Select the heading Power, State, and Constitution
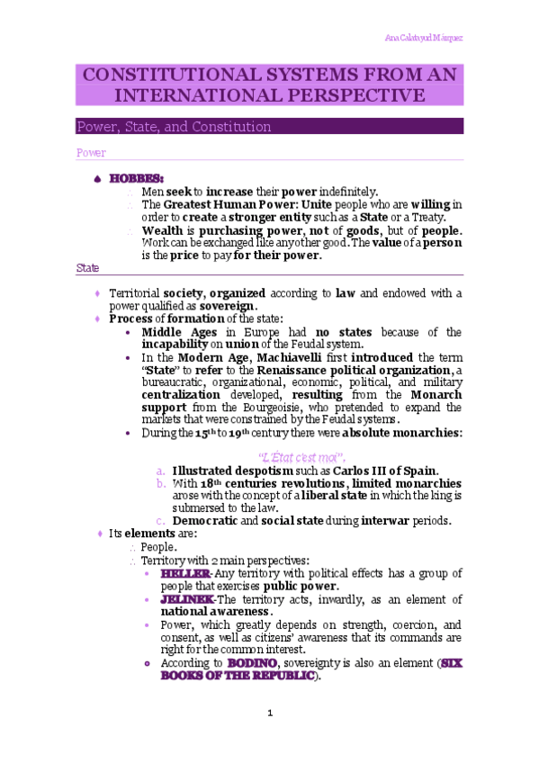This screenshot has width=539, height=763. (x=174, y=127)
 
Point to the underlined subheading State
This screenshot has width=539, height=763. (x=87, y=268)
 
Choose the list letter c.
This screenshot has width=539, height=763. (x=159, y=520)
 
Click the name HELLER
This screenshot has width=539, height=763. (x=184, y=573)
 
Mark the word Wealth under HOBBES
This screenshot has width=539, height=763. (x=162, y=229)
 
